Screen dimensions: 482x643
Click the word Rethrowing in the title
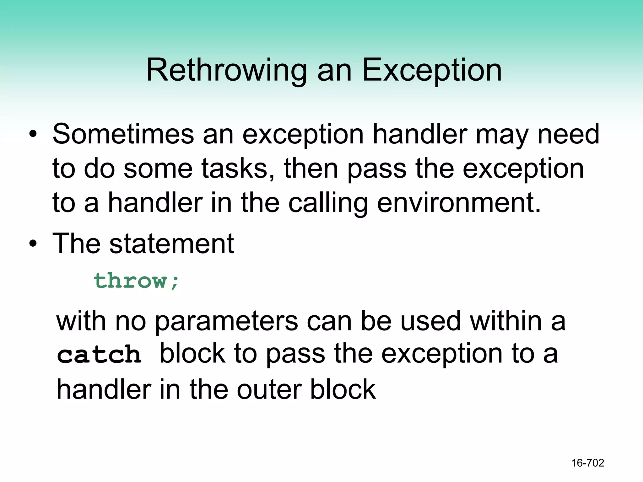click(x=226, y=70)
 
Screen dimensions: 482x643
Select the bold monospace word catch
click(x=99, y=355)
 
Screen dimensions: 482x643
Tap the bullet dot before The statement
click(x=33, y=244)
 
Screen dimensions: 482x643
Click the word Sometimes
click(x=123, y=134)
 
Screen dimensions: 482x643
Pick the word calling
click(x=328, y=203)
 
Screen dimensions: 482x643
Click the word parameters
click(x=226, y=322)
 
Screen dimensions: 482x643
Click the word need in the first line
click(x=568, y=134)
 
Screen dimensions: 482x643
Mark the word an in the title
click(x=334, y=71)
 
